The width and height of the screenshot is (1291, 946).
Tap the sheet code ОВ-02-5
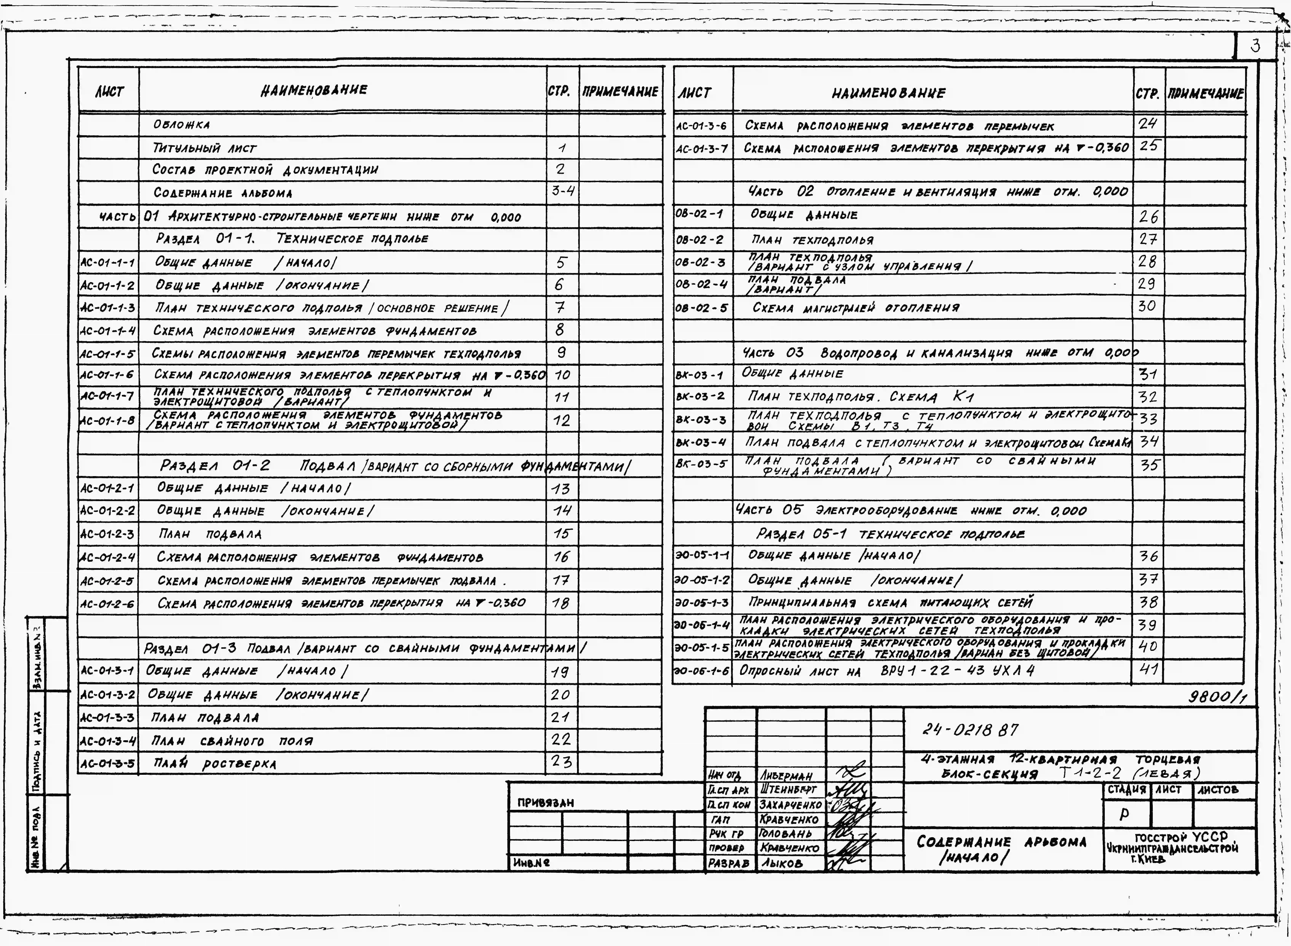702,308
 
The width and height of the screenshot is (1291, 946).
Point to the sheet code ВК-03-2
700,396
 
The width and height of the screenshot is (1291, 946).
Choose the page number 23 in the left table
561,762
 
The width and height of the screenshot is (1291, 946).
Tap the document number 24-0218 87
970,730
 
